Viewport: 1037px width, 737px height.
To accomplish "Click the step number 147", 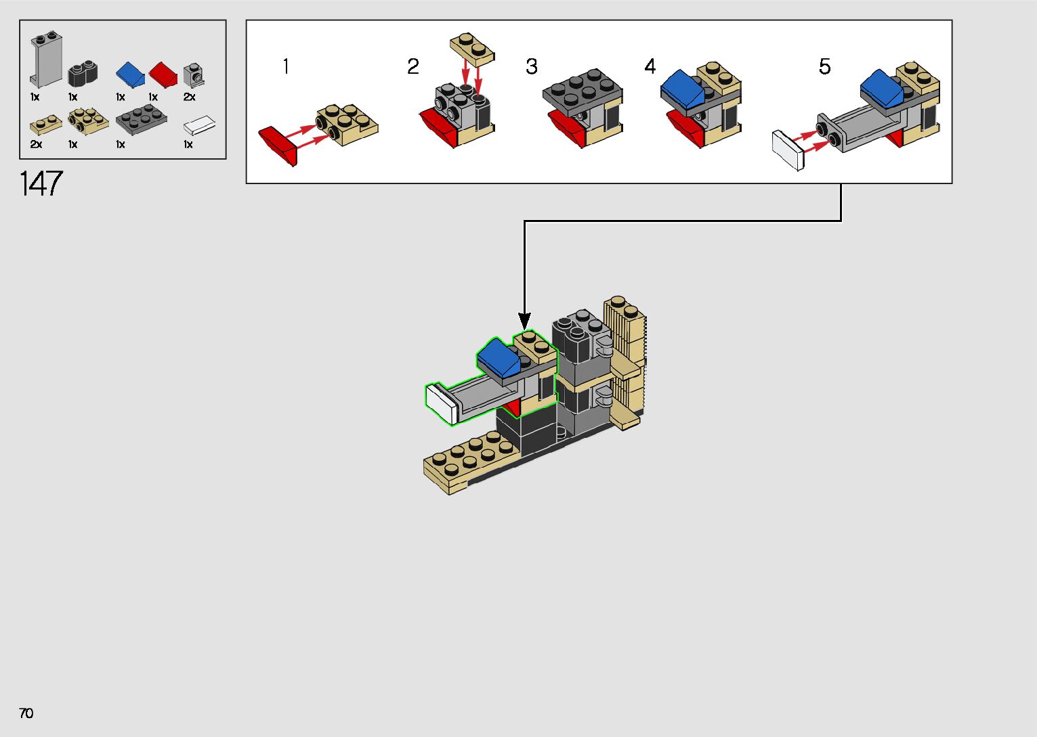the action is coord(41,184).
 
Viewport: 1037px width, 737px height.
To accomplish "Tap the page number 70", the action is coord(26,713).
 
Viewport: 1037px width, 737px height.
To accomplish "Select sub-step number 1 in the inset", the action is coord(286,66).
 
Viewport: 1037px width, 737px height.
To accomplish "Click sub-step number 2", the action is coord(413,66).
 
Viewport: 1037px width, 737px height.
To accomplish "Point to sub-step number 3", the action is coord(532,66).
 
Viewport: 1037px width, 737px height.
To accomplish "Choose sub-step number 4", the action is coord(650,66).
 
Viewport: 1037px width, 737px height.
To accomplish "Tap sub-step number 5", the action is coord(824,66).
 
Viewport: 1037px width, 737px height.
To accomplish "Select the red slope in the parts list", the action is coord(163,74).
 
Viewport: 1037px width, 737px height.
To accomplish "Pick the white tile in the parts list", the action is coord(200,125).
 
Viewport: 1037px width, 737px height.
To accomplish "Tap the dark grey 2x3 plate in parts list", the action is coord(141,120).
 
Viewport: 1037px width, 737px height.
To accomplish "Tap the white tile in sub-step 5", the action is coord(788,151).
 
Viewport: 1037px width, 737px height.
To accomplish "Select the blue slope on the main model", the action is coord(499,358).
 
